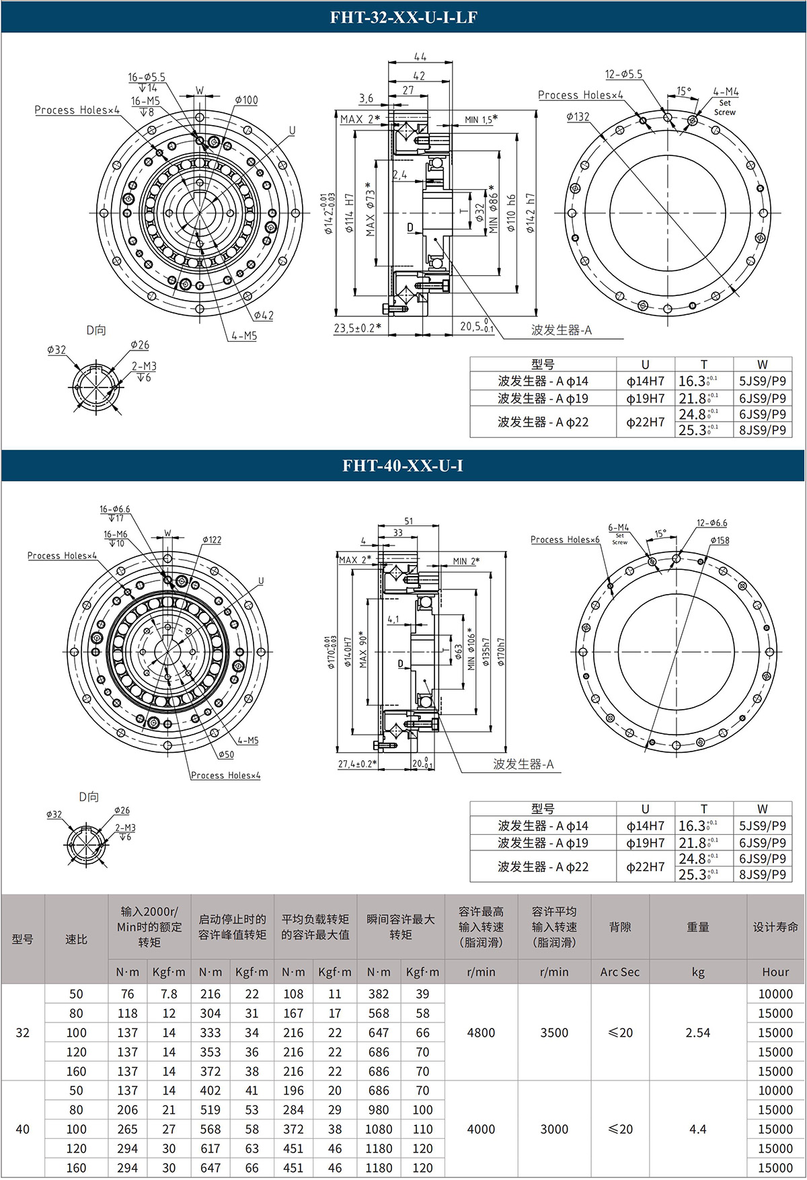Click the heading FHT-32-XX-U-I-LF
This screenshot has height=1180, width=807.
click(x=403, y=17)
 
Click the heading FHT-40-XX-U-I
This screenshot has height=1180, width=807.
click(x=403, y=466)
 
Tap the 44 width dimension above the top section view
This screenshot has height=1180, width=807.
click(x=420, y=57)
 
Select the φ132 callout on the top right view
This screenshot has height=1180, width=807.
click(x=578, y=116)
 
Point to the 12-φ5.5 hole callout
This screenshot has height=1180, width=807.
click(x=623, y=74)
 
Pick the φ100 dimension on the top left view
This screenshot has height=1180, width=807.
click(x=246, y=100)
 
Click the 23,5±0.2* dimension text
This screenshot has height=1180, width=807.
click(x=357, y=328)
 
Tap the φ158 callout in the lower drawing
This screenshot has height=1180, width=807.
click(x=719, y=540)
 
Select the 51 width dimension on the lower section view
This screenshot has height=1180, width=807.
click(x=409, y=521)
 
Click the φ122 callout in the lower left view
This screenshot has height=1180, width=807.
click(x=211, y=540)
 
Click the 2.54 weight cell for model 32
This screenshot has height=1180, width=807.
click(x=697, y=1033)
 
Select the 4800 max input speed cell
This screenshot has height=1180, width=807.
click(x=481, y=1033)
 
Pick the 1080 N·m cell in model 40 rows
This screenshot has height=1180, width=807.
click(x=379, y=1130)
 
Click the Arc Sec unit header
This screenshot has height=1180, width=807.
click(x=619, y=972)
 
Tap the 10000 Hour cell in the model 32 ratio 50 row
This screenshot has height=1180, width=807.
click(x=775, y=994)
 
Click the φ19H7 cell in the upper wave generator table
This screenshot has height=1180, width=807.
click(x=645, y=398)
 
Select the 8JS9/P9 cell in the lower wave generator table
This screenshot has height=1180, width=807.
click(x=762, y=875)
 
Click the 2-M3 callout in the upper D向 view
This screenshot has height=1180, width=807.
click(x=144, y=366)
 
